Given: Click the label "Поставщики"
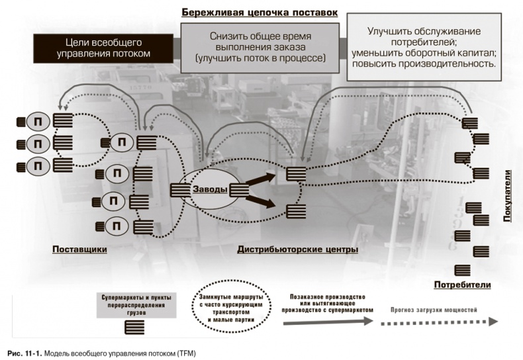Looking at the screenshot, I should click(79, 249).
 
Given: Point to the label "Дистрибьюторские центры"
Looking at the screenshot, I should click(297, 249).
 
